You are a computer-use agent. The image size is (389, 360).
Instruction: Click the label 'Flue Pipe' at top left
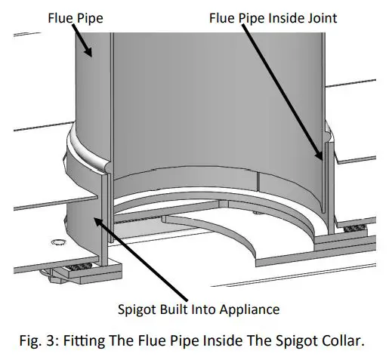click(74, 17)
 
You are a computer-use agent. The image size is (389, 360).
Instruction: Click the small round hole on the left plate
click(54, 242)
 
